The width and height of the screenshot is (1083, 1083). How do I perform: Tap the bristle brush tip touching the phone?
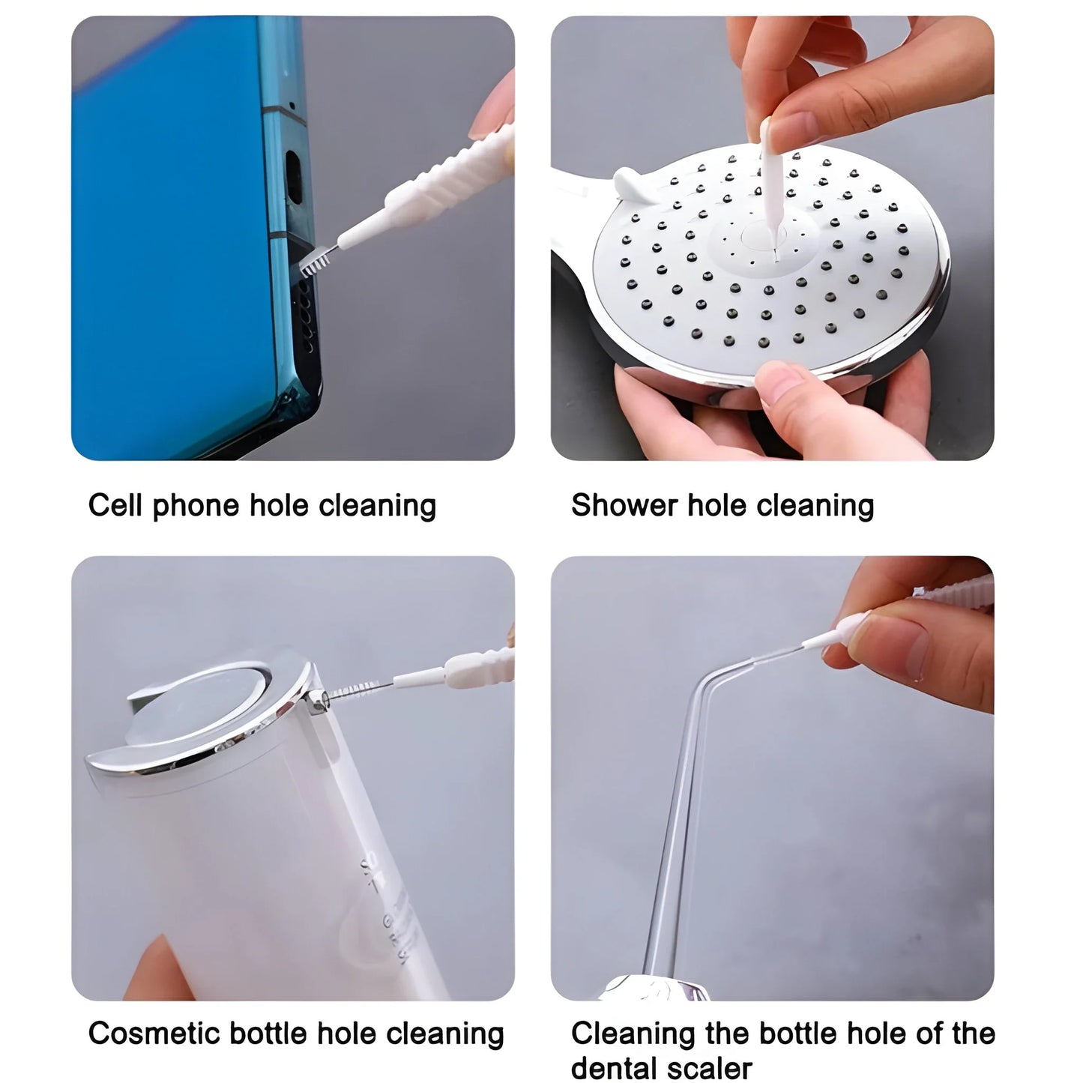[316, 262]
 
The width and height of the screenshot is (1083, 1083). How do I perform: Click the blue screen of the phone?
[172, 240]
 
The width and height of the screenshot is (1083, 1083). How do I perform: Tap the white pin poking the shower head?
[769, 187]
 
